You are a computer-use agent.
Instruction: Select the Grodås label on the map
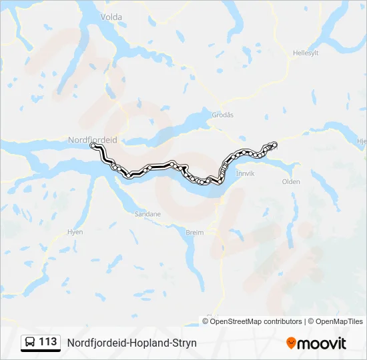pyautogui.click(x=222, y=115)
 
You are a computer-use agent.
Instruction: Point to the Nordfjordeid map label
pyautogui.click(x=92, y=139)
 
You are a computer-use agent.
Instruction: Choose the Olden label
pyautogui.click(x=291, y=181)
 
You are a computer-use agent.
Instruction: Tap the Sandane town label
pyautogui.click(x=147, y=214)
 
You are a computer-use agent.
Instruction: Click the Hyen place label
pyautogui.click(x=75, y=232)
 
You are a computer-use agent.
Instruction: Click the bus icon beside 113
pyautogui.click(x=30, y=343)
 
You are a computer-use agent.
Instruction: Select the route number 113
pyautogui.click(x=48, y=342)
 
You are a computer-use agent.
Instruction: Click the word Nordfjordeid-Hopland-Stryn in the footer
pyautogui.click(x=132, y=343)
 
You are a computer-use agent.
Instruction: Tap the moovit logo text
pyautogui.click(x=322, y=343)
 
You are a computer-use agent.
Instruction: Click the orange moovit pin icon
pyautogui.click(x=291, y=343)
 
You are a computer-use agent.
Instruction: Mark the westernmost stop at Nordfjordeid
pyautogui.click(x=93, y=145)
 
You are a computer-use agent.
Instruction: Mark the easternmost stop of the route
pyautogui.click(x=274, y=144)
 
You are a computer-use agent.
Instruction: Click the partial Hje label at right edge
pyautogui.click(x=362, y=141)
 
